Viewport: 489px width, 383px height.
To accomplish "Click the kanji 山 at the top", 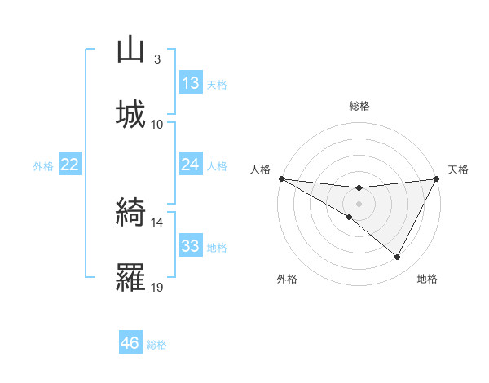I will pos(131,50).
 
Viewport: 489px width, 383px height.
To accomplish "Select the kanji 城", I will pos(131,113).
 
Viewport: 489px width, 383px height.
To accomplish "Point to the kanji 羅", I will pos(131,277).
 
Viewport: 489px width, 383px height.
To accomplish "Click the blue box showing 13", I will pos(191,83).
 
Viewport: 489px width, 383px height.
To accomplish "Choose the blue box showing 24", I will pos(191,165).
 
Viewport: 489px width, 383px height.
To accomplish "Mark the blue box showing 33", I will pos(191,246).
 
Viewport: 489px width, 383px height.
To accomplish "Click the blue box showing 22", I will pos(70,165).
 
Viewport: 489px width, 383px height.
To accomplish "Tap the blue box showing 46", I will pos(130,343).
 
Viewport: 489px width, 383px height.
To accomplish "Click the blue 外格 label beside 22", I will pos(43,166).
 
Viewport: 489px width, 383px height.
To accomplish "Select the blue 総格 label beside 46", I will pos(156,345).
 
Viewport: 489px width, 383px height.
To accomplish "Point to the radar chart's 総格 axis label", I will pos(359,106).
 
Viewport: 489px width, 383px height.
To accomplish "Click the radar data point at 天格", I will pos(437,178).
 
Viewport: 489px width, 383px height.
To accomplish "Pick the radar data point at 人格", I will pos(281,178).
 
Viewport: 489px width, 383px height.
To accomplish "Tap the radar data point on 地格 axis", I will pos(398,257).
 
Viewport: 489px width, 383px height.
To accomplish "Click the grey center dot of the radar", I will pos(359,203).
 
